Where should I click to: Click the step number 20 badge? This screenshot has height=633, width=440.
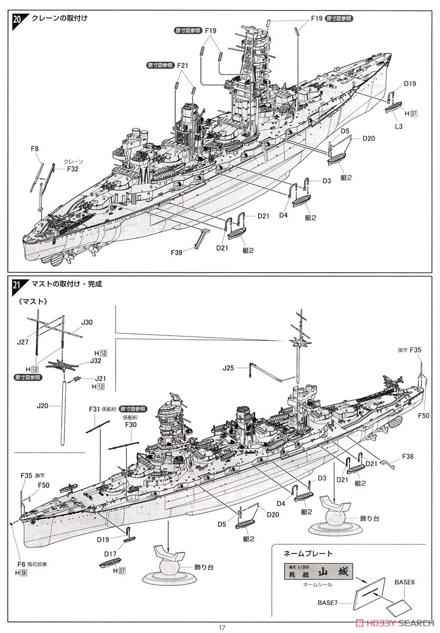(x=17, y=20)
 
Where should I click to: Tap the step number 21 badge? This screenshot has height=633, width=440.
(x=17, y=285)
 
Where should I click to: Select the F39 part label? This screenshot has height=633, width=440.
(x=176, y=252)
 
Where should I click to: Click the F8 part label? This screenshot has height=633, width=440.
(x=35, y=149)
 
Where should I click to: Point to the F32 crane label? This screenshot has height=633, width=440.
(x=73, y=169)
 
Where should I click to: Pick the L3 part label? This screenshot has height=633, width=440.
(x=398, y=126)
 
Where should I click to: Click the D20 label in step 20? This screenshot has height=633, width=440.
(x=369, y=138)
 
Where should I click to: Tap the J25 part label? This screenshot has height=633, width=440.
(x=228, y=368)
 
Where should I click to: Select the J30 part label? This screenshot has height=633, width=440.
(x=87, y=322)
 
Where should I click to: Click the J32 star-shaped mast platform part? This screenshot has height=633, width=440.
(x=62, y=365)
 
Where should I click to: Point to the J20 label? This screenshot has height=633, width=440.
(x=42, y=406)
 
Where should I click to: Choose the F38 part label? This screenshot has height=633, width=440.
(x=408, y=456)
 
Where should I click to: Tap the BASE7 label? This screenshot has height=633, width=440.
(x=328, y=603)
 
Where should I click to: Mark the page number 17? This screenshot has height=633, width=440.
(x=222, y=627)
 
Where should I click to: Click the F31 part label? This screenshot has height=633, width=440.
(x=94, y=409)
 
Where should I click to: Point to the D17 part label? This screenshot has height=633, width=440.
(x=110, y=553)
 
